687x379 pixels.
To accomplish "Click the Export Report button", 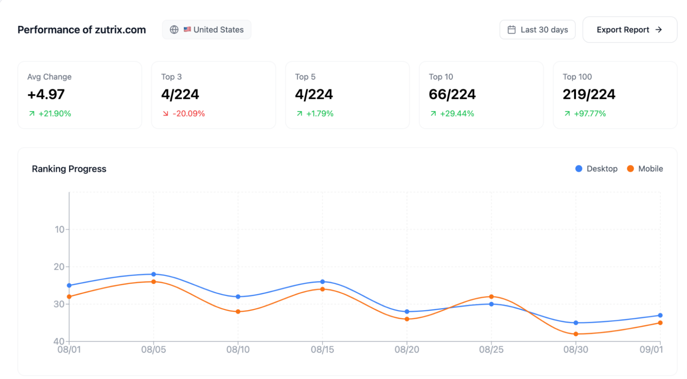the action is (630, 30).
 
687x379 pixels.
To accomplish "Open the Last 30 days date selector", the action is (537, 30).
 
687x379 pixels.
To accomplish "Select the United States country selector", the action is (206, 30).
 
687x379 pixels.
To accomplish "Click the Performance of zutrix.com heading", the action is (82, 30).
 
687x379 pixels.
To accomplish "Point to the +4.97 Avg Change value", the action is (46, 94).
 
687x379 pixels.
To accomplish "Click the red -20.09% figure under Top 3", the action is (189, 114).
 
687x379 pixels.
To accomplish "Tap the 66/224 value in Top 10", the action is (452, 94).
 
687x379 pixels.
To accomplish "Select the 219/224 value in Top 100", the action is (589, 94).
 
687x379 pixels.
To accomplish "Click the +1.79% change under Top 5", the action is (320, 114).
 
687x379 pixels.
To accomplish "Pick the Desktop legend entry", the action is (596, 169).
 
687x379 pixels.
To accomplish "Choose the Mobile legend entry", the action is (645, 169).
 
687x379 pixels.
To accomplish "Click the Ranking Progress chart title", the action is (69, 169).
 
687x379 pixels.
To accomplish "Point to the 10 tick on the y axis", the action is (60, 229).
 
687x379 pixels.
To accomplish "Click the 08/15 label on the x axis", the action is (322, 350).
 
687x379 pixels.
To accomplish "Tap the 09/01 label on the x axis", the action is (651, 350).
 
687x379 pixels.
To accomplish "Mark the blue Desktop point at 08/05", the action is (154, 274).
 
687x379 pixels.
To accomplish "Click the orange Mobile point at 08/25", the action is (491, 297).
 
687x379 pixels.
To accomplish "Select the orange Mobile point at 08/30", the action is (576, 334).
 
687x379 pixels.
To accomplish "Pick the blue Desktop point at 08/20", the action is (407, 312).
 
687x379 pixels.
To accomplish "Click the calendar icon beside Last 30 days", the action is (512, 30).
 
